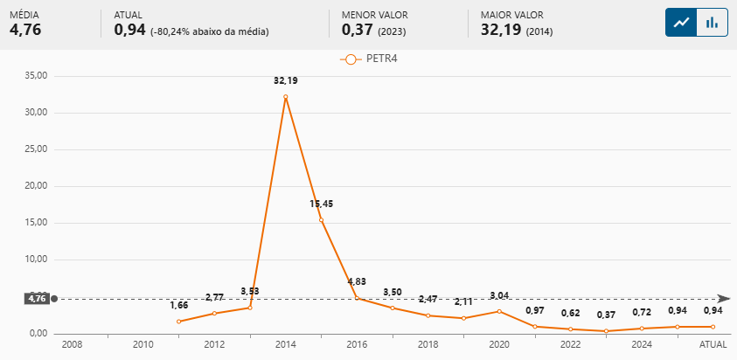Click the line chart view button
pyautogui.click(x=681, y=23)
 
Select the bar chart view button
pyautogui.click(x=713, y=23)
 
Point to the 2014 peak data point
pyautogui.click(x=286, y=97)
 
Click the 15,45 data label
pyautogui.click(x=321, y=204)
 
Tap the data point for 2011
pyautogui.click(x=178, y=322)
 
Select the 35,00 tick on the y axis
pyautogui.click(x=37, y=76)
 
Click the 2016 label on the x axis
pyautogui.click(x=357, y=345)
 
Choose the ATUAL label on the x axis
pyautogui.click(x=713, y=345)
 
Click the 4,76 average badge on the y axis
pyautogui.click(x=37, y=299)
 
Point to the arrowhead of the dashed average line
pyautogui.click(x=724, y=299)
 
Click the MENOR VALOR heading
pyautogui.click(x=374, y=15)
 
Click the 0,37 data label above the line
pyautogui.click(x=606, y=315)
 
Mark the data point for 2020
pyautogui.click(x=499, y=311)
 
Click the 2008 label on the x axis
pyautogui.click(x=72, y=345)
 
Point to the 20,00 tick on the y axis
pyautogui.click(x=37, y=186)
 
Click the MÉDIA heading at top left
pyautogui.click(x=24, y=15)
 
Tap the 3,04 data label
pyautogui.click(x=499, y=295)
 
